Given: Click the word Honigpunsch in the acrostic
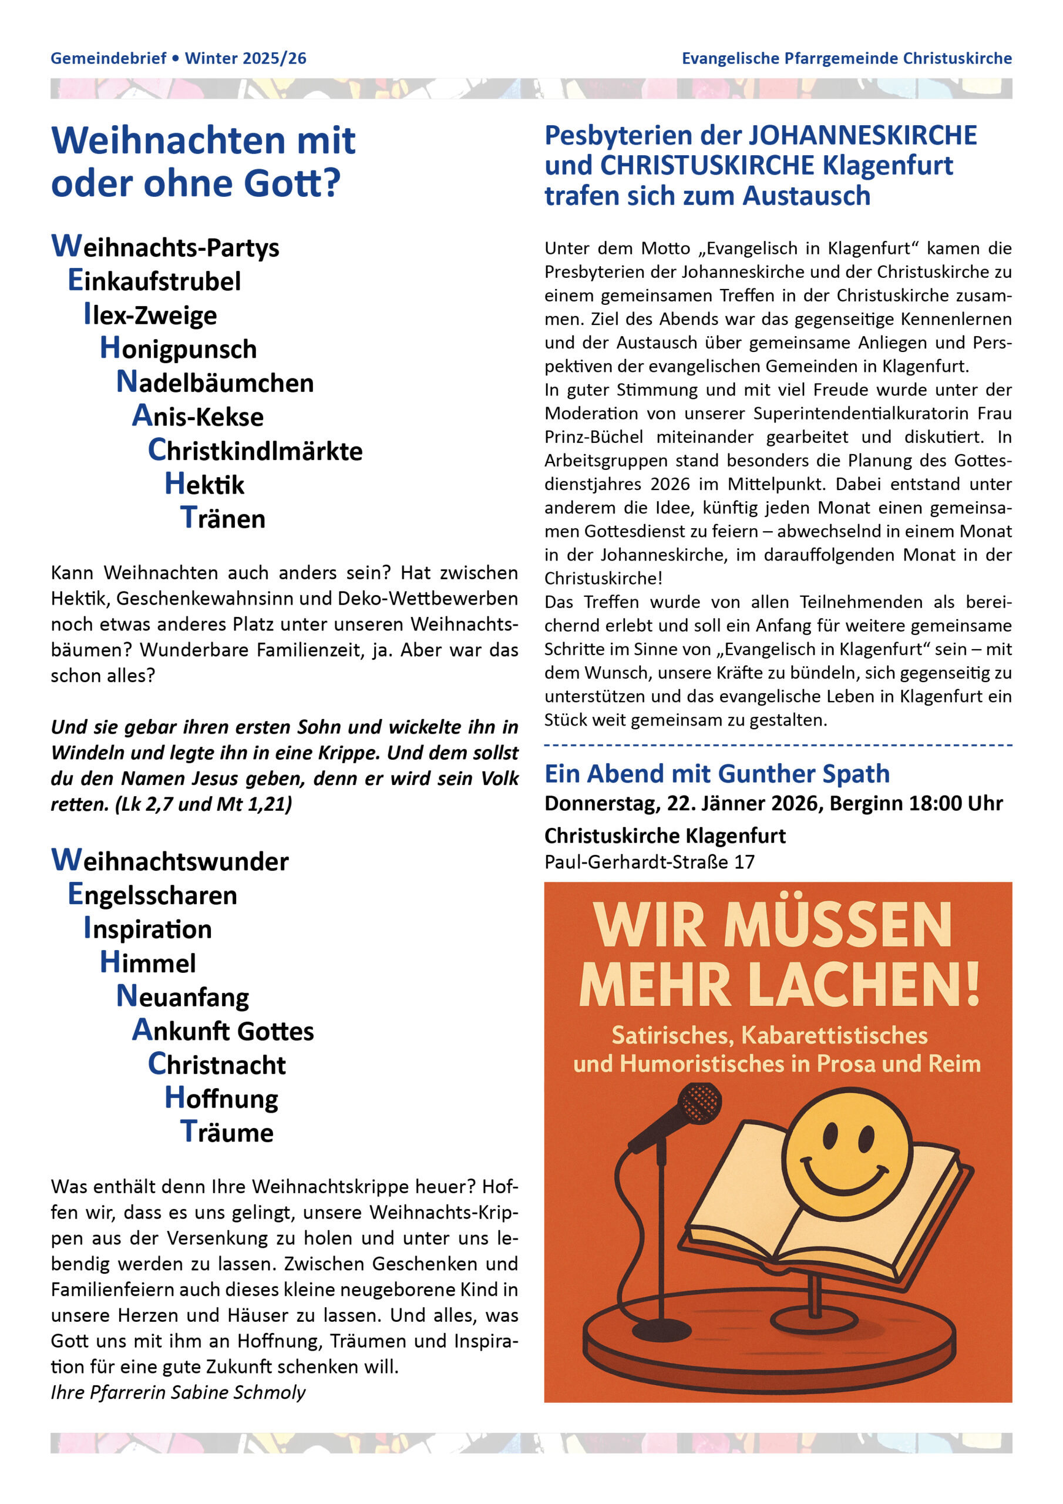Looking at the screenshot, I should [x=178, y=348].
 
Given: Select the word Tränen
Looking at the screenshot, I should [x=223, y=518].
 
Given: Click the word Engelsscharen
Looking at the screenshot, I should [x=153, y=895].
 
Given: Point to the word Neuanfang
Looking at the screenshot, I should [x=183, y=996].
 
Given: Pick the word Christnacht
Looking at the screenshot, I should [x=217, y=1064].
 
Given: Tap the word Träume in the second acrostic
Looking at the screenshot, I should [x=227, y=1132].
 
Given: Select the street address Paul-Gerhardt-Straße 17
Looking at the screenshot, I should [x=649, y=861].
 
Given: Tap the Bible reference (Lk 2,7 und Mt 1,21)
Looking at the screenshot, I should [x=203, y=804].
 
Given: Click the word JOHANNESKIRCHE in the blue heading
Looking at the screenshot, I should [x=862, y=136].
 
